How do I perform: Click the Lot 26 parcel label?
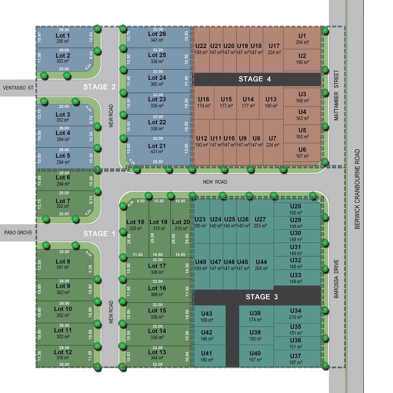[157, 34]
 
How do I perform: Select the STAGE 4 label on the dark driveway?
[254, 79]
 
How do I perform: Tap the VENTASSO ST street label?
[18, 88]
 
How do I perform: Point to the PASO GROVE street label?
[18, 233]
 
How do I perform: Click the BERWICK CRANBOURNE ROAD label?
[357, 189]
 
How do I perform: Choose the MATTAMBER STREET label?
[336, 95]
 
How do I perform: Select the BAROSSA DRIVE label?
[336, 279]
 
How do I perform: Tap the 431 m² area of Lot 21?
[157, 152]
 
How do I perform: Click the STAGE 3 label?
[262, 297]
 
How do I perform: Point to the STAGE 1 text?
[99, 234]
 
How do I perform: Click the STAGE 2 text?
[99, 87]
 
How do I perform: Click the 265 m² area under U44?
[261, 269]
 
